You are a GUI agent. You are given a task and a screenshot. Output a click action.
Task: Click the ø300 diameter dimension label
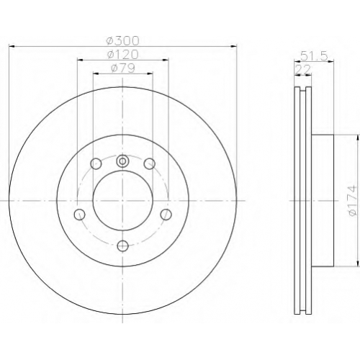click(x=122, y=41)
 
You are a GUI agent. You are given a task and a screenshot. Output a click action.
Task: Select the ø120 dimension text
click(x=122, y=55)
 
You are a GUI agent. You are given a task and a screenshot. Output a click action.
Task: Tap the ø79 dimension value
click(x=123, y=68)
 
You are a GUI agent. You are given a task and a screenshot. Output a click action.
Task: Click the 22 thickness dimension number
click(x=303, y=70)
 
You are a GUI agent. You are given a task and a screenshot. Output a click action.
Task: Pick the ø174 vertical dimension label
click(x=352, y=201)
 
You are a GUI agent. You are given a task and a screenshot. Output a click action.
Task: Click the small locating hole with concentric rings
click(x=122, y=161)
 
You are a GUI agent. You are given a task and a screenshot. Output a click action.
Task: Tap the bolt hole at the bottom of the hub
click(x=123, y=246)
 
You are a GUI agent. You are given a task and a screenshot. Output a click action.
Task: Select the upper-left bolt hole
click(x=96, y=163)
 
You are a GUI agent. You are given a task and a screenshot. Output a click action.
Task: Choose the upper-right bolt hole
click(x=149, y=163)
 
